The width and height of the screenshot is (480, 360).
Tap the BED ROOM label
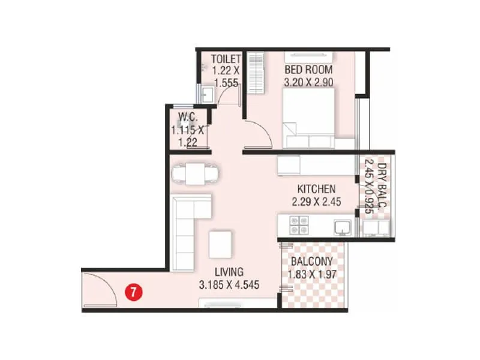(x=308, y=70)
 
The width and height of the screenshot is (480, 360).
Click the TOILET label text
(x=226, y=59)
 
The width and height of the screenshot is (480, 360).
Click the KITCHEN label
(x=316, y=189)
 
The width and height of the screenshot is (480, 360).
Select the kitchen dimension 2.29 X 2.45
(x=316, y=202)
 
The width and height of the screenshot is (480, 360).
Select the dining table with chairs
(x=195, y=173)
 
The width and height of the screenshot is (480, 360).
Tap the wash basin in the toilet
(x=206, y=94)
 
